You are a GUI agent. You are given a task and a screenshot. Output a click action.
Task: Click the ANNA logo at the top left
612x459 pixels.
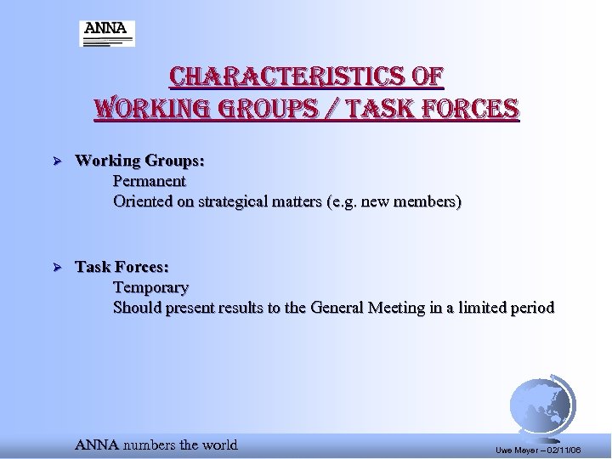coord(107,33)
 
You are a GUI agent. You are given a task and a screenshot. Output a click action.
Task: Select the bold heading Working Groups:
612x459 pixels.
coord(139,160)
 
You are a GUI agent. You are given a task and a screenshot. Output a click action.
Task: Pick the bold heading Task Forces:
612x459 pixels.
coord(122,267)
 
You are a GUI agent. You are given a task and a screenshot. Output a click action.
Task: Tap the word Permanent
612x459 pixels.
coord(149,181)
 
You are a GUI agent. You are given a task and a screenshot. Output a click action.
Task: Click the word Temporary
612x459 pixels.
coord(150,287)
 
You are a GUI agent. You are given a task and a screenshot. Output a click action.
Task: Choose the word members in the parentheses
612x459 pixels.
coord(428,201)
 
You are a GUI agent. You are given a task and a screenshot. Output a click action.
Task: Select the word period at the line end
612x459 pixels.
coord(530,308)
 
